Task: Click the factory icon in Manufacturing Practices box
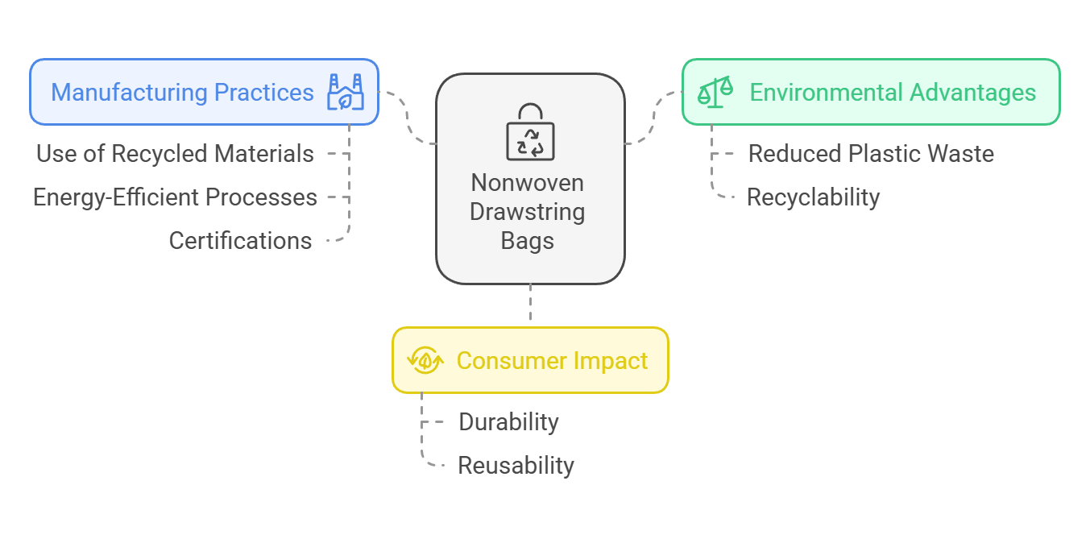[x=346, y=92]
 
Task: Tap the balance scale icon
[x=715, y=92]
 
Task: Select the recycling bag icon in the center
[x=530, y=132]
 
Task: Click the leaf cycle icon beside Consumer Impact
[x=425, y=360]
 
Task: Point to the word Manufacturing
[x=130, y=93]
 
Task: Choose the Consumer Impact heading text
[x=553, y=361]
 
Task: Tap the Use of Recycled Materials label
[x=175, y=154]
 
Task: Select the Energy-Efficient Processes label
[x=175, y=197]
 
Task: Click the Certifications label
[x=240, y=241]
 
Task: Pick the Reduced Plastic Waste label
[x=871, y=154]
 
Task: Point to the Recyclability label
[x=813, y=197]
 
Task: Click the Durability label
[x=508, y=421]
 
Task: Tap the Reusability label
[x=516, y=466]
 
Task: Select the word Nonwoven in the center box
[x=528, y=183]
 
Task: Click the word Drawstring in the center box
[x=528, y=212]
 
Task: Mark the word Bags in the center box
[x=528, y=241]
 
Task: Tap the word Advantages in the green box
[x=972, y=93]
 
